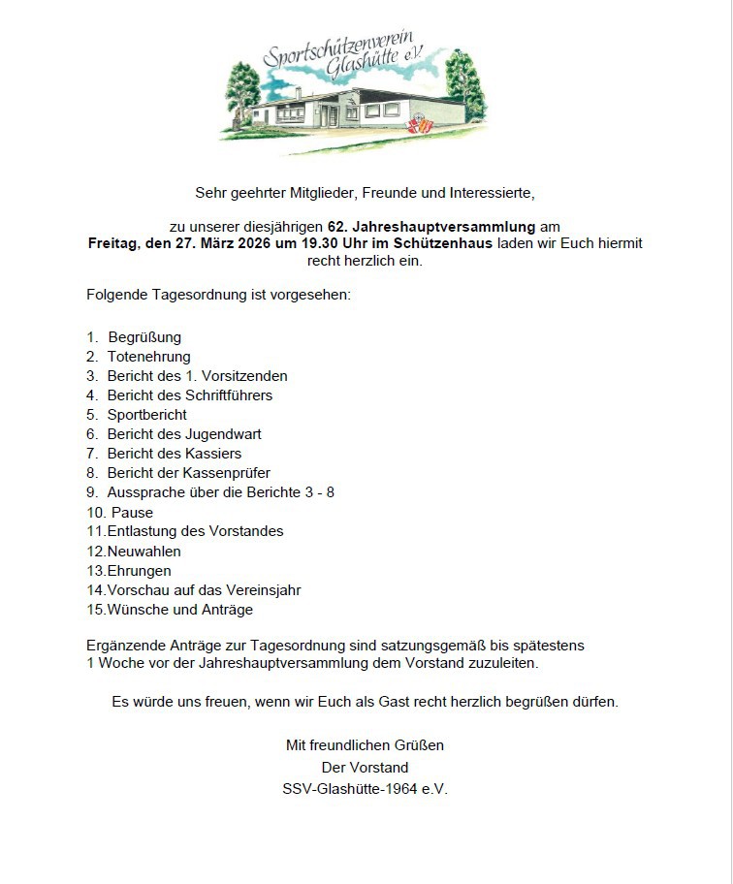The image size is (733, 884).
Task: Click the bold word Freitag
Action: coord(114,243)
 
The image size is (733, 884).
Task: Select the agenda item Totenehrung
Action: coord(148,357)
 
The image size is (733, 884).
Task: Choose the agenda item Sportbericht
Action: coord(146,415)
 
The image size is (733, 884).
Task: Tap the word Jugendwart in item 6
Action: coord(224,434)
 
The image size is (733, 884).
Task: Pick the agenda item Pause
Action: coord(132,512)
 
